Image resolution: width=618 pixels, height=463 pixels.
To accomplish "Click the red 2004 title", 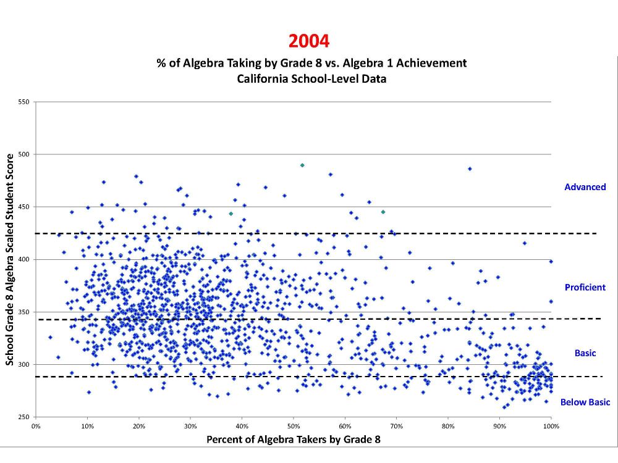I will (308, 41).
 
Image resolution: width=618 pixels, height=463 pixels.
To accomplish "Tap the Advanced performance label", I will (585, 186).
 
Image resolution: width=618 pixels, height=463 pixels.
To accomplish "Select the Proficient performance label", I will (585, 287).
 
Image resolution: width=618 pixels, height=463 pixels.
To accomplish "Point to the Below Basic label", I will (585, 403).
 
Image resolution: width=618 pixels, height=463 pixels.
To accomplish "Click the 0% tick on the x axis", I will (36, 425).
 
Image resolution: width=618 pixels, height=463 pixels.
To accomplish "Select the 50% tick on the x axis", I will (294, 425).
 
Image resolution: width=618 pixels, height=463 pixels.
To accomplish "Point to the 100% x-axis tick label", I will (551, 425).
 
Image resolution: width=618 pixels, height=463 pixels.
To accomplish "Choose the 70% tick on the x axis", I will (397, 425).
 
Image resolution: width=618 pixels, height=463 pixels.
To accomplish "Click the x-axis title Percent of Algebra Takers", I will (293, 440).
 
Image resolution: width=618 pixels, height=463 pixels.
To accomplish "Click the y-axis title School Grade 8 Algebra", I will (11, 259).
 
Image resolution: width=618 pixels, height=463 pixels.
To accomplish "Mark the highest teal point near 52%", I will (302, 165).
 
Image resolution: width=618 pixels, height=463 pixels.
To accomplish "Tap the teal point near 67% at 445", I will (383, 212).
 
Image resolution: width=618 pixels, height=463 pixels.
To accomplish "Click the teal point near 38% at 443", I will (231, 214).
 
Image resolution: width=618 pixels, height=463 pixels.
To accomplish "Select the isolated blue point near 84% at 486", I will (470, 169).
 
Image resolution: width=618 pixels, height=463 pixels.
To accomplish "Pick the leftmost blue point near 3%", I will (50, 337).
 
